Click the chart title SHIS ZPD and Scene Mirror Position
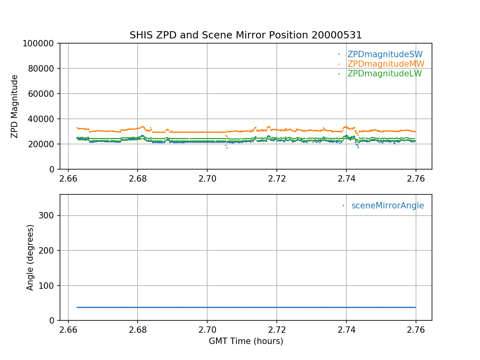(246, 35)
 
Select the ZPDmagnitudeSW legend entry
(385, 54)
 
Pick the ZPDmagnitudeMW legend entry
(386, 64)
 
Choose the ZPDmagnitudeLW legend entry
(384, 74)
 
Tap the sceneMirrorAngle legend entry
(388, 206)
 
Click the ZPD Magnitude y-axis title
(15, 106)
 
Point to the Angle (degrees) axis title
(30, 257)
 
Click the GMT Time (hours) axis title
(246, 341)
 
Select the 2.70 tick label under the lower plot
(207, 329)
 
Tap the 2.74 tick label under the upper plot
(346, 178)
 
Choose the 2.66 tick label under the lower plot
(68, 329)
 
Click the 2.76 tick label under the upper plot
(416, 178)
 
